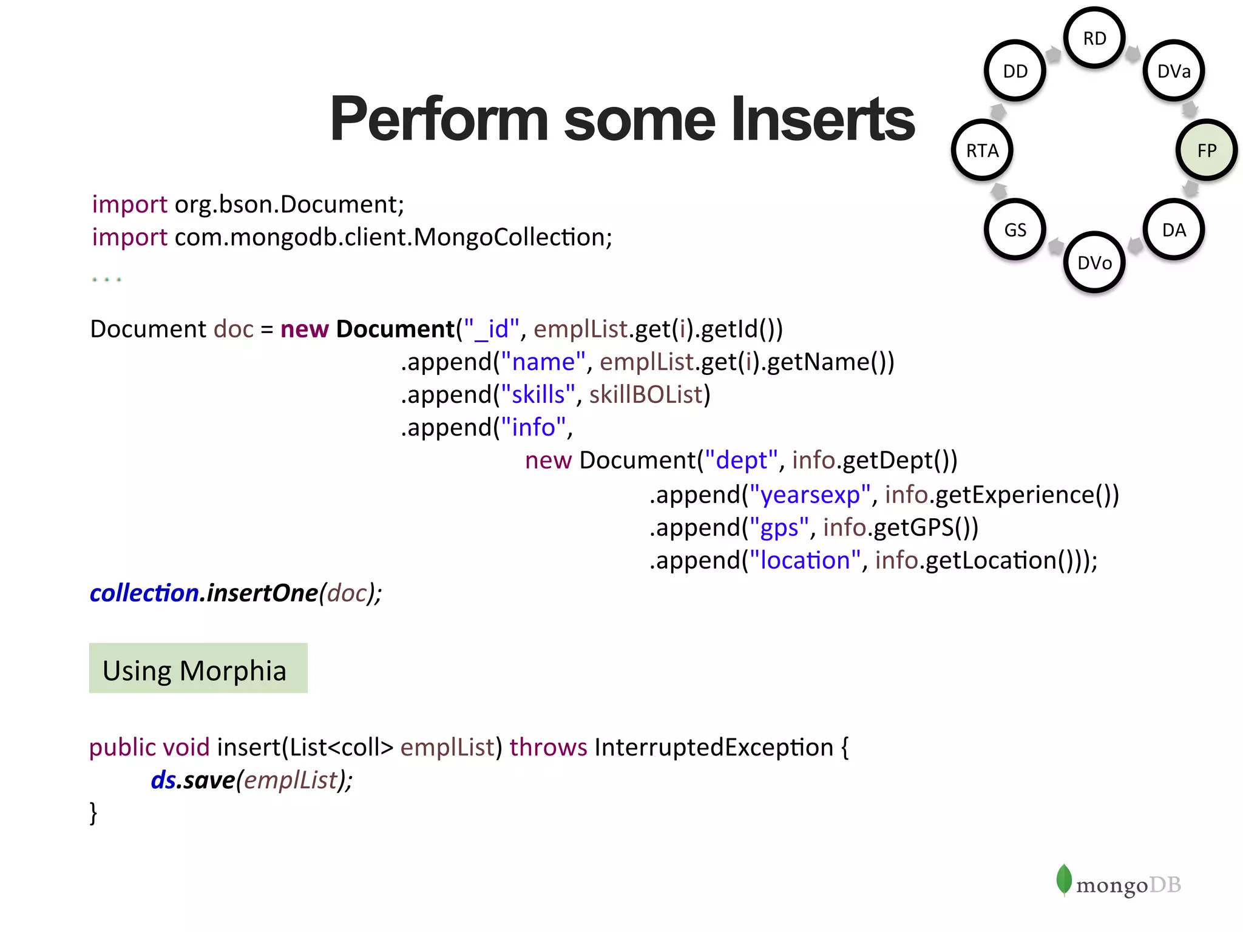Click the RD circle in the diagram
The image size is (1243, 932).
tap(1094, 38)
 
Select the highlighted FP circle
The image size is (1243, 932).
tap(1207, 150)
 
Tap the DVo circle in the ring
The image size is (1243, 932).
tap(1094, 262)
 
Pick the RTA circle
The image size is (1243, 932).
tap(982, 150)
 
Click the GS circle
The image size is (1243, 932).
tap(1015, 229)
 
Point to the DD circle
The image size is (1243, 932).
tap(1015, 71)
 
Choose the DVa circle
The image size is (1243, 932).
tap(1174, 71)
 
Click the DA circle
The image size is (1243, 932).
tap(1174, 229)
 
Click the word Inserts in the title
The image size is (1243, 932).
tap(822, 120)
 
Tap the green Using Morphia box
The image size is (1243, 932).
tap(198, 668)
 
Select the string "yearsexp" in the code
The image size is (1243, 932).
tap(810, 495)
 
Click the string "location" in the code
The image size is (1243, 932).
tap(805, 560)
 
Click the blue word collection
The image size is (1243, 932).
tap(144, 593)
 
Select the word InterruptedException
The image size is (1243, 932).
tap(714, 747)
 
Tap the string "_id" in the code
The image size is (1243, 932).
tap(492, 329)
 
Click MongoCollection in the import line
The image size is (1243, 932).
tap(513, 237)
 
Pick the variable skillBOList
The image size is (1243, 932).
tap(646, 394)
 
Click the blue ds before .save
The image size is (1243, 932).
tap(163, 780)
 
